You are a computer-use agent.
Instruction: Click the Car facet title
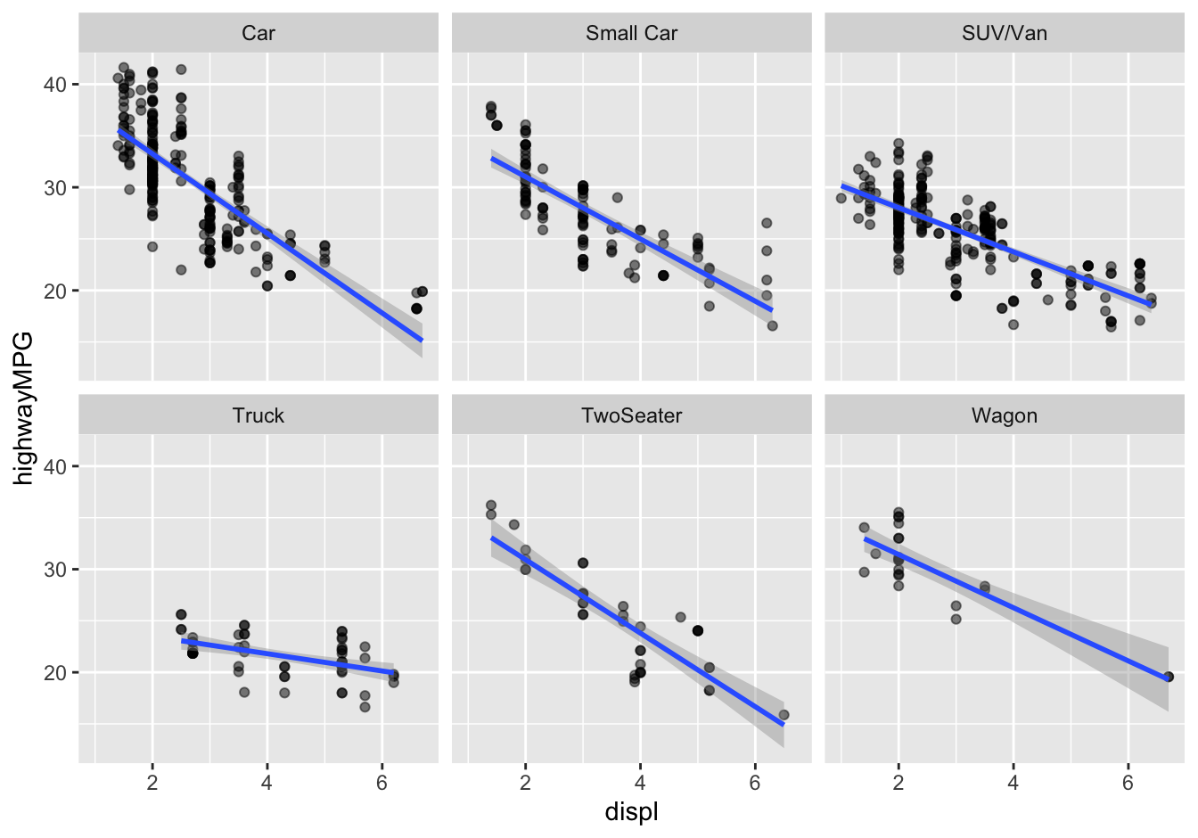tap(258, 34)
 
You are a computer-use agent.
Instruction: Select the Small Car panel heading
tap(631, 34)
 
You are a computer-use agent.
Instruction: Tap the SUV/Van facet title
tap(1005, 34)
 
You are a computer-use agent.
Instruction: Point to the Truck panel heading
tap(258, 415)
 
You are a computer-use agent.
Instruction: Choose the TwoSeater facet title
tap(631, 415)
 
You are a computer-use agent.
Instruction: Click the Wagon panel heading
tap(1005, 415)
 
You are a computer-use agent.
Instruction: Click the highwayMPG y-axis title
tap(24, 407)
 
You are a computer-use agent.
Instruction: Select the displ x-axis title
tap(631, 812)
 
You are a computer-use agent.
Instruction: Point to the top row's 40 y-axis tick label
tap(55, 85)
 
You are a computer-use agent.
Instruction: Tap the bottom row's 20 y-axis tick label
tap(55, 672)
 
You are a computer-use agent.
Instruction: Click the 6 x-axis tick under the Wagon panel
tap(1128, 783)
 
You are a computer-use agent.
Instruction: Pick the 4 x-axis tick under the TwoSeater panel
tap(640, 783)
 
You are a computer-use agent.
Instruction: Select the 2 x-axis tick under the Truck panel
tap(152, 783)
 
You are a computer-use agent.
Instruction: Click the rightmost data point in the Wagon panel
tap(1169, 677)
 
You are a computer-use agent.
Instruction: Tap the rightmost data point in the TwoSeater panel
tap(784, 715)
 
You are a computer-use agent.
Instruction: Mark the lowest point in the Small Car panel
tap(772, 325)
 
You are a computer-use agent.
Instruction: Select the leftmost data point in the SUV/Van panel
tap(841, 198)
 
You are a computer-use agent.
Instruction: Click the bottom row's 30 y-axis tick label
tap(55, 570)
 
